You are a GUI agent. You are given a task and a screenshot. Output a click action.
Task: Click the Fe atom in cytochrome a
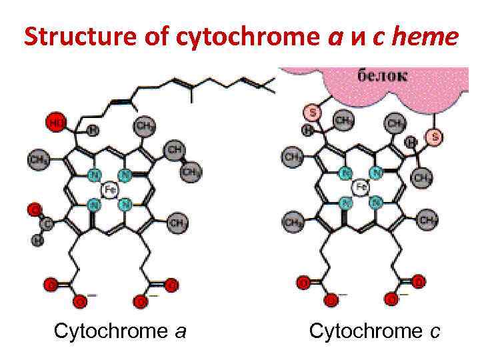point(109,190)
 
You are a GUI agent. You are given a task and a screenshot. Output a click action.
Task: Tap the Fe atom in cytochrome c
point(361,187)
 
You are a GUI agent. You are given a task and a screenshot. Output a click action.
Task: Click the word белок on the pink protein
point(382,75)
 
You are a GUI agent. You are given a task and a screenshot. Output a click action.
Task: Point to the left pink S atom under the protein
point(311,111)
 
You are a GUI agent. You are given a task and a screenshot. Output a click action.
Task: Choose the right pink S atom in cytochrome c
point(435,137)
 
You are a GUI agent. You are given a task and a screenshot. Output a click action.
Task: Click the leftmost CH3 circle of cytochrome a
point(37,160)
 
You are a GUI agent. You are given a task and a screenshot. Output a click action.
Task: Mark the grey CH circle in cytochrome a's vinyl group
point(175,149)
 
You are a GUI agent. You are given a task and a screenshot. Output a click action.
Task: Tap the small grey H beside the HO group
point(93,129)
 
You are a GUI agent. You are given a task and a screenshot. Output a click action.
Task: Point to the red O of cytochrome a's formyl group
point(33,210)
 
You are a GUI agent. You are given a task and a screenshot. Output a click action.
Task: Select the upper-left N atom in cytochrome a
point(93,175)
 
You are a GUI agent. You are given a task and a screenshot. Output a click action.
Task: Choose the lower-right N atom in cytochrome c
point(376,201)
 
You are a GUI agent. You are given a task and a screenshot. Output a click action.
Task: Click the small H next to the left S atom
point(307,129)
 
